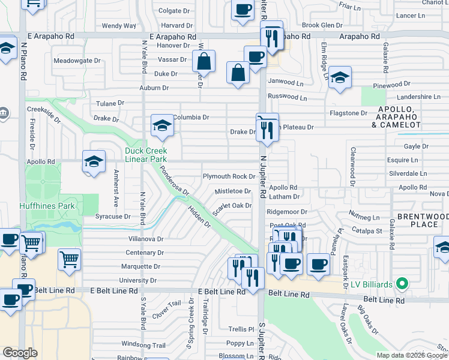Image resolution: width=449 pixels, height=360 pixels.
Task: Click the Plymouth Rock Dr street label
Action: [229, 176]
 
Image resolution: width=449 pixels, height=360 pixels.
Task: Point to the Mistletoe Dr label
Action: [233, 191]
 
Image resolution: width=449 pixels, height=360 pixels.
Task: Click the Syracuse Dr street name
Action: [113, 216]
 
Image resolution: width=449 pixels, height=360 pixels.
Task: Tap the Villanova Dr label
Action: [142, 239]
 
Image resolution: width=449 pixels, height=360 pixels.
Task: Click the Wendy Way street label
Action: [119, 26]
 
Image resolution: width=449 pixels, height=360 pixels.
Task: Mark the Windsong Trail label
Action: [143, 345]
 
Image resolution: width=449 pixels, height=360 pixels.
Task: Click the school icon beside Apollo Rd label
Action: [94, 161]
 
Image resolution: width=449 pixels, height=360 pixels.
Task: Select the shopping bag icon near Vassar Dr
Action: [204, 61]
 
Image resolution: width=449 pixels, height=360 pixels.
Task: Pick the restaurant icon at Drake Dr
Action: [267, 128]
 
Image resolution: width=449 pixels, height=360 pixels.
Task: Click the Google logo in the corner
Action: [20, 353]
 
